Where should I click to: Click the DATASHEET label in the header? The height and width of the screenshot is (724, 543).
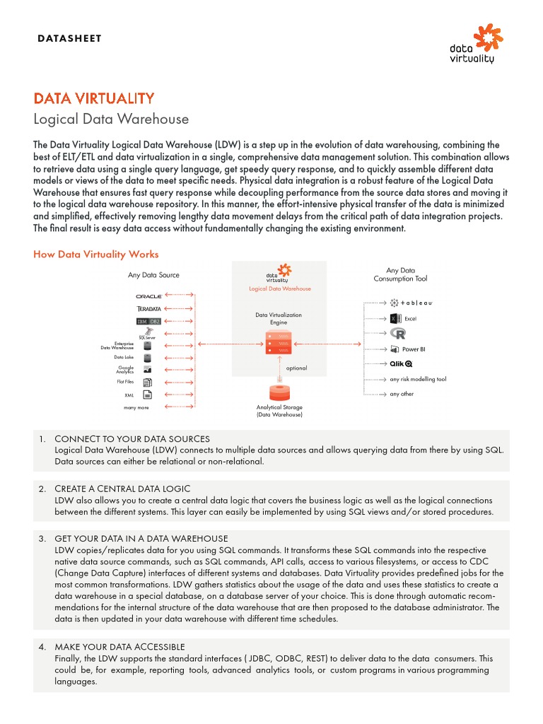(69, 38)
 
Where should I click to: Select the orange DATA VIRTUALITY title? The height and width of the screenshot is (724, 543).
(94, 98)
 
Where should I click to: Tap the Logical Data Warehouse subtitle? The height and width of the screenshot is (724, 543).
(111, 119)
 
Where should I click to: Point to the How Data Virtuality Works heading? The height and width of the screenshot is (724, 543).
(96, 255)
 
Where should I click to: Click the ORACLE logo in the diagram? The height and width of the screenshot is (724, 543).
(148, 296)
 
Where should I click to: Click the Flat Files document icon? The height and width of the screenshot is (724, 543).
(148, 382)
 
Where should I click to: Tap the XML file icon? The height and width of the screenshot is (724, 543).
(148, 395)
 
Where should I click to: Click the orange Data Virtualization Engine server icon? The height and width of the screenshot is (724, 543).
(279, 342)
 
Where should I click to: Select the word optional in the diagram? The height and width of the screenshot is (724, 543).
(296, 368)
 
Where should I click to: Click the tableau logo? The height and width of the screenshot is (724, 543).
(411, 303)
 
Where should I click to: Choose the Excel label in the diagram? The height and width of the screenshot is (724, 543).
(410, 319)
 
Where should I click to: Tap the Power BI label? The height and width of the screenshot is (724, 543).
(414, 349)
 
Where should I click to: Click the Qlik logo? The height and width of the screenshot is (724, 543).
(401, 364)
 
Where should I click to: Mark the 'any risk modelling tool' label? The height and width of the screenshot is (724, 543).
(418, 380)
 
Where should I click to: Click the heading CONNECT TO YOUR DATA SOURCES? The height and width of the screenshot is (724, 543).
(132, 439)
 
